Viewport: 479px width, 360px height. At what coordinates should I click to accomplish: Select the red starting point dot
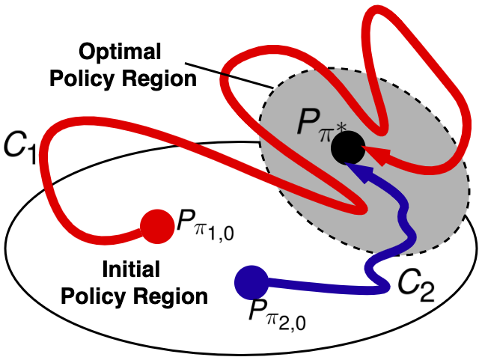click(156, 225)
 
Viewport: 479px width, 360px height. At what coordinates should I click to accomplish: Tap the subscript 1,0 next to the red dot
click(215, 228)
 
